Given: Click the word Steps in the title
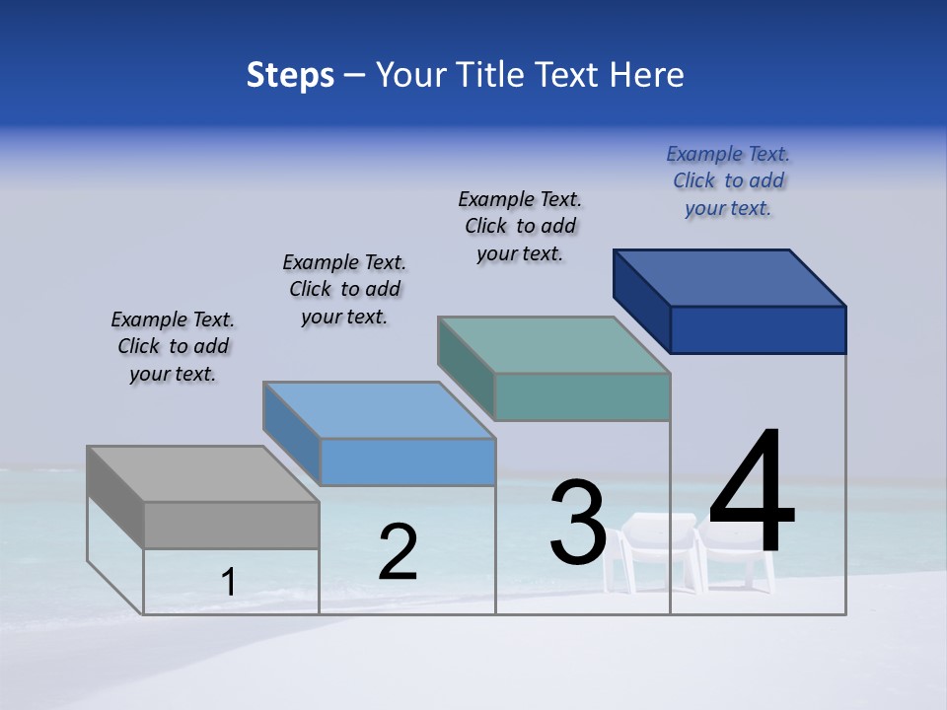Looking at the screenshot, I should pyautogui.click(x=290, y=75).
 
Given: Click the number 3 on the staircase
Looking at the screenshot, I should pyautogui.click(x=578, y=523).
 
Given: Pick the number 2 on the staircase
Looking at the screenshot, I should pyautogui.click(x=398, y=552).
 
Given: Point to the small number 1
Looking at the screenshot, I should pyautogui.click(x=229, y=583).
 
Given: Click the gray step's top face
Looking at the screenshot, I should pyautogui.click(x=202, y=473).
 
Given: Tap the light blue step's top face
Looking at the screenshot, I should pyautogui.click(x=379, y=409).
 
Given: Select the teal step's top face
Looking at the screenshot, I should pyautogui.click(x=553, y=344).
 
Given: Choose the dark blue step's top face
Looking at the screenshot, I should pyautogui.click(x=729, y=277).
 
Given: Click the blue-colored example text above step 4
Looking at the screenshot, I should pyautogui.click(x=728, y=181).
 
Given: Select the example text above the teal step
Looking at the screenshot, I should pyautogui.click(x=520, y=226).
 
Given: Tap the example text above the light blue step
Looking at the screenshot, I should pyautogui.click(x=344, y=289).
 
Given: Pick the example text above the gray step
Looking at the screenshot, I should pyautogui.click(x=173, y=346).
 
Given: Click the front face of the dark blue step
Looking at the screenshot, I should pyautogui.click(x=758, y=329).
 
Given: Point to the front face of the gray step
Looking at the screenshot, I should pyautogui.click(x=231, y=525).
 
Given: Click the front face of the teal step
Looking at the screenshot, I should pyautogui.click(x=582, y=396).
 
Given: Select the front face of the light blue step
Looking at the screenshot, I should pyautogui.click(x=407, y=461).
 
